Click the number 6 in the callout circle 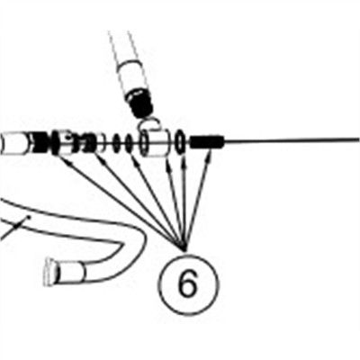click(x=188, y=284)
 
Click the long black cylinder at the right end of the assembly click(x=207, y=141)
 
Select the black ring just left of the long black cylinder click(x=180, y=141)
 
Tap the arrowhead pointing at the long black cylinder click(x=211, y=154)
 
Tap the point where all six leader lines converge click(x=185, y=250)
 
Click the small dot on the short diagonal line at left click(x=29, y=216)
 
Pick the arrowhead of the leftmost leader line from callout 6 click(x=67, y=162)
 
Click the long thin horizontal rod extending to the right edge click(x=292, y=140)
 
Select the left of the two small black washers click(x=116, y=142)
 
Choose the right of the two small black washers click(x=129, y=142)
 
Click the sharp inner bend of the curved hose click(x=121, y=245)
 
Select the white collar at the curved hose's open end click(x=69, y=271)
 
